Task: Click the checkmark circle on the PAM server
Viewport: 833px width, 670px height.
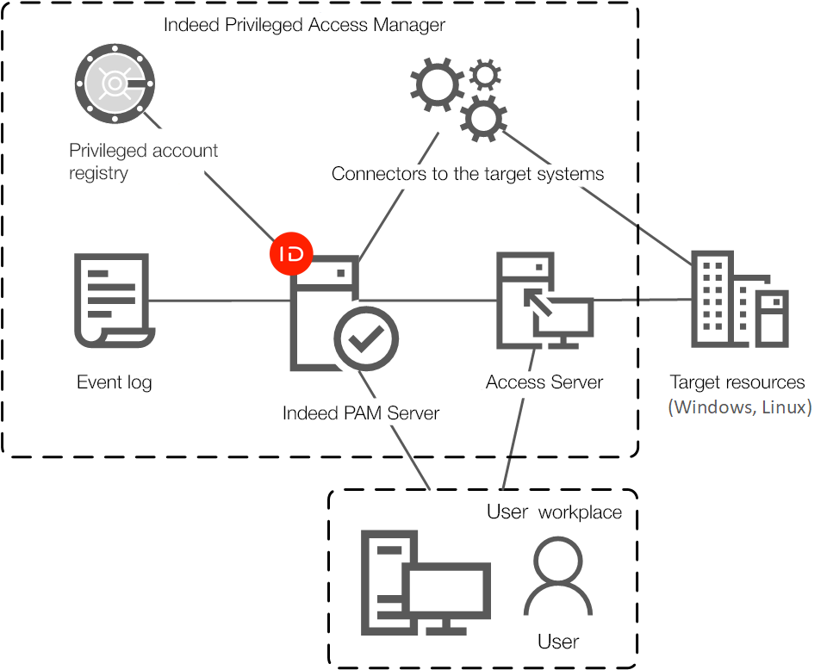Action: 366,338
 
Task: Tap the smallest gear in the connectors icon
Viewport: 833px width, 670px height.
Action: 486,75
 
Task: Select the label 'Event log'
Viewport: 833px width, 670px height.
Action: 115,382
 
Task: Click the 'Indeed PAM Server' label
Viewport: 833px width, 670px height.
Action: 360,413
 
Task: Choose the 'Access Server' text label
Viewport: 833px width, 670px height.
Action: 544,382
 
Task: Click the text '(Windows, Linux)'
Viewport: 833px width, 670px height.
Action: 739,407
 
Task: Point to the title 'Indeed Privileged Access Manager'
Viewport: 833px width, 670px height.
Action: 304,25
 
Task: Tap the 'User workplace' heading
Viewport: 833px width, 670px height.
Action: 554,512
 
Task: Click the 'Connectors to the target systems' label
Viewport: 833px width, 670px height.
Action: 468,174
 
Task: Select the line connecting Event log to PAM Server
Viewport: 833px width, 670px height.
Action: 220,301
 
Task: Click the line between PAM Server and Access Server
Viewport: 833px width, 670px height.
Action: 431,301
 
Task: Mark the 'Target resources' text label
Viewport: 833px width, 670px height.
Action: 737,382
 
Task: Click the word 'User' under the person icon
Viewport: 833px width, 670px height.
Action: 558,642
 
